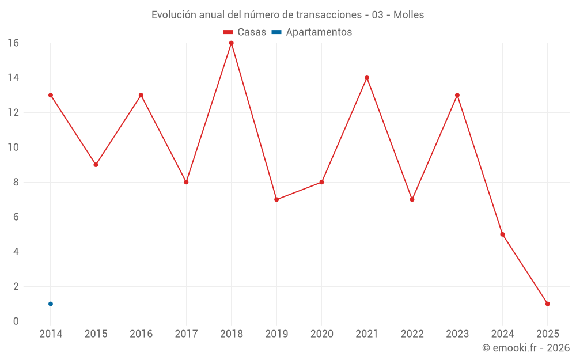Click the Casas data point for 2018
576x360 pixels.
click(232, 43)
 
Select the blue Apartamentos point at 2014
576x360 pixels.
click(51, 304)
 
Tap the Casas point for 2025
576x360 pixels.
click(547, 304)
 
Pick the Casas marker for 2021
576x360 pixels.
click(367, 78)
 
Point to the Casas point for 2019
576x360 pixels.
click(276, 199)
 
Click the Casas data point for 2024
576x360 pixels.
click(502, 234)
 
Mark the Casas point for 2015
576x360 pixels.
click(96, 165)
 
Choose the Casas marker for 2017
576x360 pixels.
click(186, 182)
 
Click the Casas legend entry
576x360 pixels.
click(245, 32)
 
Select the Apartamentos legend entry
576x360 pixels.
click(312, 32)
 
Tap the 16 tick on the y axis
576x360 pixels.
click(13, 43)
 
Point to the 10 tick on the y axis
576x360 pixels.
click(13, 147)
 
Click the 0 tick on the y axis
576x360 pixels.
click(16, 321)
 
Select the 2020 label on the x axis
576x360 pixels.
click(322, 334)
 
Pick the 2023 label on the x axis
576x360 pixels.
click(457, 334)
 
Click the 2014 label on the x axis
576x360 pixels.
click(51, 334)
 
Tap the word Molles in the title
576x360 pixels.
click(408, 15)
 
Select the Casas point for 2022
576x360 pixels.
click(412, 199)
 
